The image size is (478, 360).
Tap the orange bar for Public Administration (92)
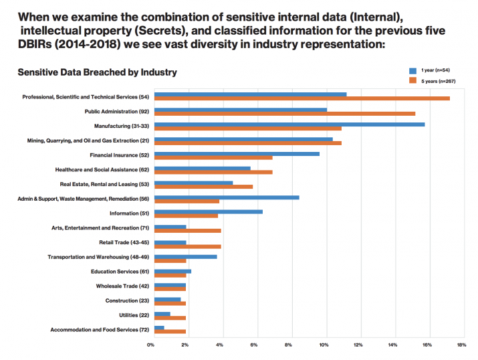pyautogui.click(x=285, y=114)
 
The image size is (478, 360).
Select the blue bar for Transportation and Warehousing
pyautogui.click(x=186, y=256)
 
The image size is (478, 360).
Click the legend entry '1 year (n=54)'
pyautogui.click(x=436, y=70)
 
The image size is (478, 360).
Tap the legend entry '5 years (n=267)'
pyautogui.click(x=438, y=80)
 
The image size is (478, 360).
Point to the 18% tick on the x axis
pyautogui.click(x=461, y=345)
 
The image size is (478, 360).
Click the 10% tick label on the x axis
pyautogui.click(x=324, y=345)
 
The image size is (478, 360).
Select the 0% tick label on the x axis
pyautogui.click(x=150, y=345)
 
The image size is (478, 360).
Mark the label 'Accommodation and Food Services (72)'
pyautogui.click(x=100, y=330)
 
